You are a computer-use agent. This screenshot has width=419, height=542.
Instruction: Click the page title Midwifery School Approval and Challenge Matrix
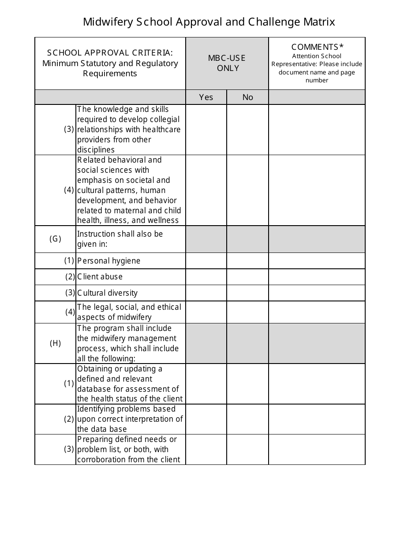click(x=209, y=22)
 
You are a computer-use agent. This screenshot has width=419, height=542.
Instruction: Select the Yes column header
click(x=206, y=97)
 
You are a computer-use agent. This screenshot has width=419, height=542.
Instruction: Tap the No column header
click(x=248, y=97)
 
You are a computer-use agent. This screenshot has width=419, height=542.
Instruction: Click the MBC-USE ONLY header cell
click(x=227, y=63)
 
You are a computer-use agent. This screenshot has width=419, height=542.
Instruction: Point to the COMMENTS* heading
click(x=317, y=47)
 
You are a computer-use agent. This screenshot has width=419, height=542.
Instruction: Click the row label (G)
click(x=55, y=239)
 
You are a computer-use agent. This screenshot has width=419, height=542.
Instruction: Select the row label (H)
click(x=55, y=343)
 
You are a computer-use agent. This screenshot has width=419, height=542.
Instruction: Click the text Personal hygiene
click(x=108, y=261)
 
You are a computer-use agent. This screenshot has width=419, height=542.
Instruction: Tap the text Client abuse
click(x=100, y=277)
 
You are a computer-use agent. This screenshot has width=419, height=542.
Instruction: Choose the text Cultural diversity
click(x=107, y=293)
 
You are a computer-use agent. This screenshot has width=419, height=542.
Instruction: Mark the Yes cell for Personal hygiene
click(x=206, y=261)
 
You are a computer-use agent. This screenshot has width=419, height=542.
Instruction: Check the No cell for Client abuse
click(x=247, y=277)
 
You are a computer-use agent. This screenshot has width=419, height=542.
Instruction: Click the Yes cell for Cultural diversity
click(x=206, y=293)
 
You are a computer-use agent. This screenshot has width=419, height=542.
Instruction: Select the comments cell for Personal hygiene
click(x=317, y=261)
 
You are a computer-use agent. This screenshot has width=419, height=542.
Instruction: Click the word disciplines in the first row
click(x=96, y=150)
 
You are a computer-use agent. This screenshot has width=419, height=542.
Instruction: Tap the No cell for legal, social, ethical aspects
click(x=247, y=312)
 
